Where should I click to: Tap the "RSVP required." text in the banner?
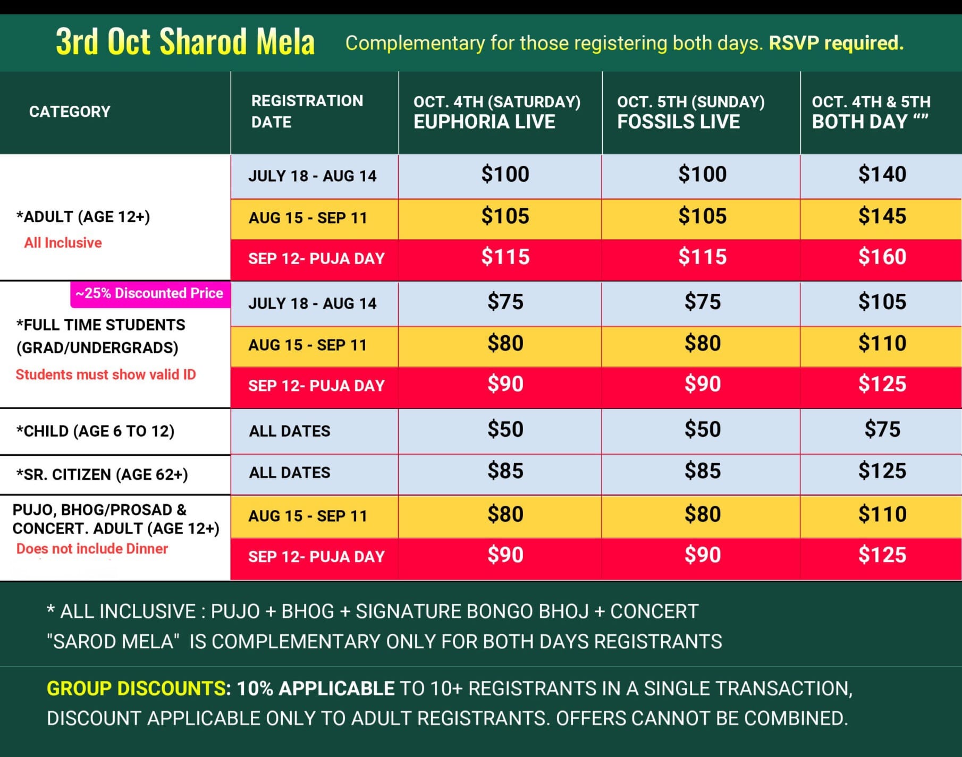(x=836, y=43)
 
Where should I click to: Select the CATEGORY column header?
(x=70, y=112)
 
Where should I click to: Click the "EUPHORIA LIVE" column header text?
(x=484, y=122)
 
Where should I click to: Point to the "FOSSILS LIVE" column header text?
(x=678, y=122)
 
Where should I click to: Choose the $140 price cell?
(x=882, y=175)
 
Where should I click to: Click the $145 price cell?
(x=882, y=216)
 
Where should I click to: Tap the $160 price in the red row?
(x=882, y=257)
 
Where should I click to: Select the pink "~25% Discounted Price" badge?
(x=150, y=293)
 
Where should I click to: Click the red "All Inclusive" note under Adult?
(x=63, y=243)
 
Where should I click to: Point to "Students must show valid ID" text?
(x=106, y=375)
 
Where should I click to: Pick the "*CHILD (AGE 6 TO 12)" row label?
(x=95, y=431)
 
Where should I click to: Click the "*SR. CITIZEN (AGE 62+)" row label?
(x=102, y=474)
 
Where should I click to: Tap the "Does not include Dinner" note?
(x=92, y=549)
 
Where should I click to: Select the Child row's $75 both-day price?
(x=882, y=429)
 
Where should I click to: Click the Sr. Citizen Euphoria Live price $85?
(x=505, y=471)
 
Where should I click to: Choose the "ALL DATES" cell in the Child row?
(x=290, y=431)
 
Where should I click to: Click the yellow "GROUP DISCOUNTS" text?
(x=136, y=688)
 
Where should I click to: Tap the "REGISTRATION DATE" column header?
(x=307, y=111)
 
